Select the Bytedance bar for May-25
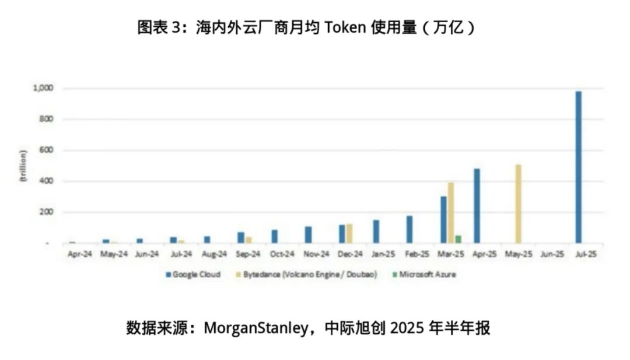point(518,204)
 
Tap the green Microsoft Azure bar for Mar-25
point(458,239)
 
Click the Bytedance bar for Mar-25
point(450,213)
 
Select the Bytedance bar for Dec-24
point(349,233)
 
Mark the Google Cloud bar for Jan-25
point(376,231)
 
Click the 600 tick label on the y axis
point(46,151)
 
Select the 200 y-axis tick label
point(46,212)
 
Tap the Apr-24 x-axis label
point(79,254)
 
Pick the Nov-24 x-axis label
point(316,254)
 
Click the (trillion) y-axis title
point(23,166)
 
